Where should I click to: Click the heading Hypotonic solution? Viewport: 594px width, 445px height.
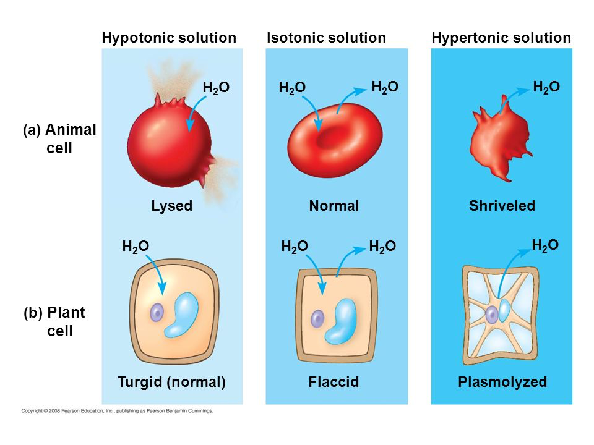[x=169, y=38]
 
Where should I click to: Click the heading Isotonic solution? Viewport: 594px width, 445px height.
[x=326, y=38]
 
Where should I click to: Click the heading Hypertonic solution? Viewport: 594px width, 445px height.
[x=501, y=38]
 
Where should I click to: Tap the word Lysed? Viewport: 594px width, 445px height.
[x=171, y=206]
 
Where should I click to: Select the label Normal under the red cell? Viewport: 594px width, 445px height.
[x=334, y=206]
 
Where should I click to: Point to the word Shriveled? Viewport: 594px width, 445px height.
[x=502, y=206]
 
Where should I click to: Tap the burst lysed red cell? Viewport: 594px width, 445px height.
[x=167, y=139]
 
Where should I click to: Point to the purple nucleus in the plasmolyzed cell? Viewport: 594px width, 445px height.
[x=492, y=315]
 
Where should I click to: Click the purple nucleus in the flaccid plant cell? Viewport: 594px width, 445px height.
[x=317, y=318]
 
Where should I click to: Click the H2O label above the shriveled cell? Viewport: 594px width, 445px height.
[x=546, y=87]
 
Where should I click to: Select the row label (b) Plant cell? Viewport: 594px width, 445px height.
[x=56, y=322]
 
